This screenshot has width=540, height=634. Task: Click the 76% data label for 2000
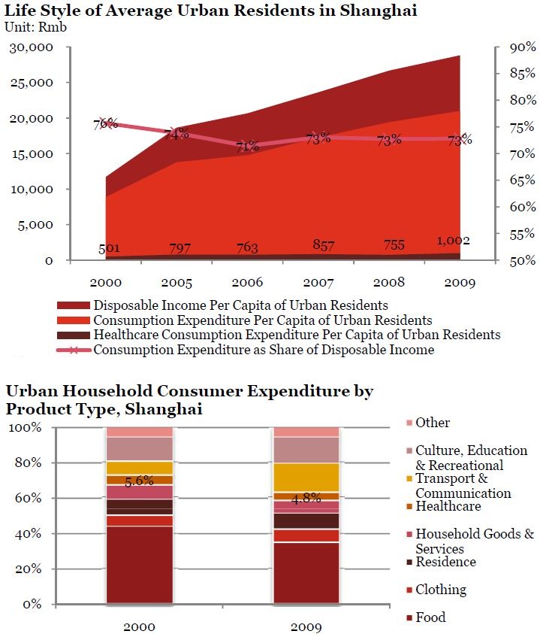pos(105,123)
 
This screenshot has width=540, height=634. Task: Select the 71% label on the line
pos(247,147)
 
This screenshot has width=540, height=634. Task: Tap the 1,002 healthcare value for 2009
pos(453,241)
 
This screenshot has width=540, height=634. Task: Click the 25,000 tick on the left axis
pos(31,83)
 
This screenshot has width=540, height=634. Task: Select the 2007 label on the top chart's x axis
pos(318,282)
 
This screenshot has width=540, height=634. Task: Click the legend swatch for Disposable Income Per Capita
pos(73,305)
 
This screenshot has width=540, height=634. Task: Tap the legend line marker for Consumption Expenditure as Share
pos(73,350)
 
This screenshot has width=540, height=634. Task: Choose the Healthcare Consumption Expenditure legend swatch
pos(73,335)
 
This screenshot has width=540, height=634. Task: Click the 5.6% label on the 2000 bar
pos(139,482)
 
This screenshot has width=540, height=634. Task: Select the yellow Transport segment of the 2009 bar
pos(306,477)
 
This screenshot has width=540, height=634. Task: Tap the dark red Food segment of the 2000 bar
pos(139,564)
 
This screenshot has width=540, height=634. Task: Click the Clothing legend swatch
pos(409,590)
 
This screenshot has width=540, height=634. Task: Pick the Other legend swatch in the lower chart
pos(409,423)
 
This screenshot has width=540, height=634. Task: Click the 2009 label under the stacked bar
pos(306,626)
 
